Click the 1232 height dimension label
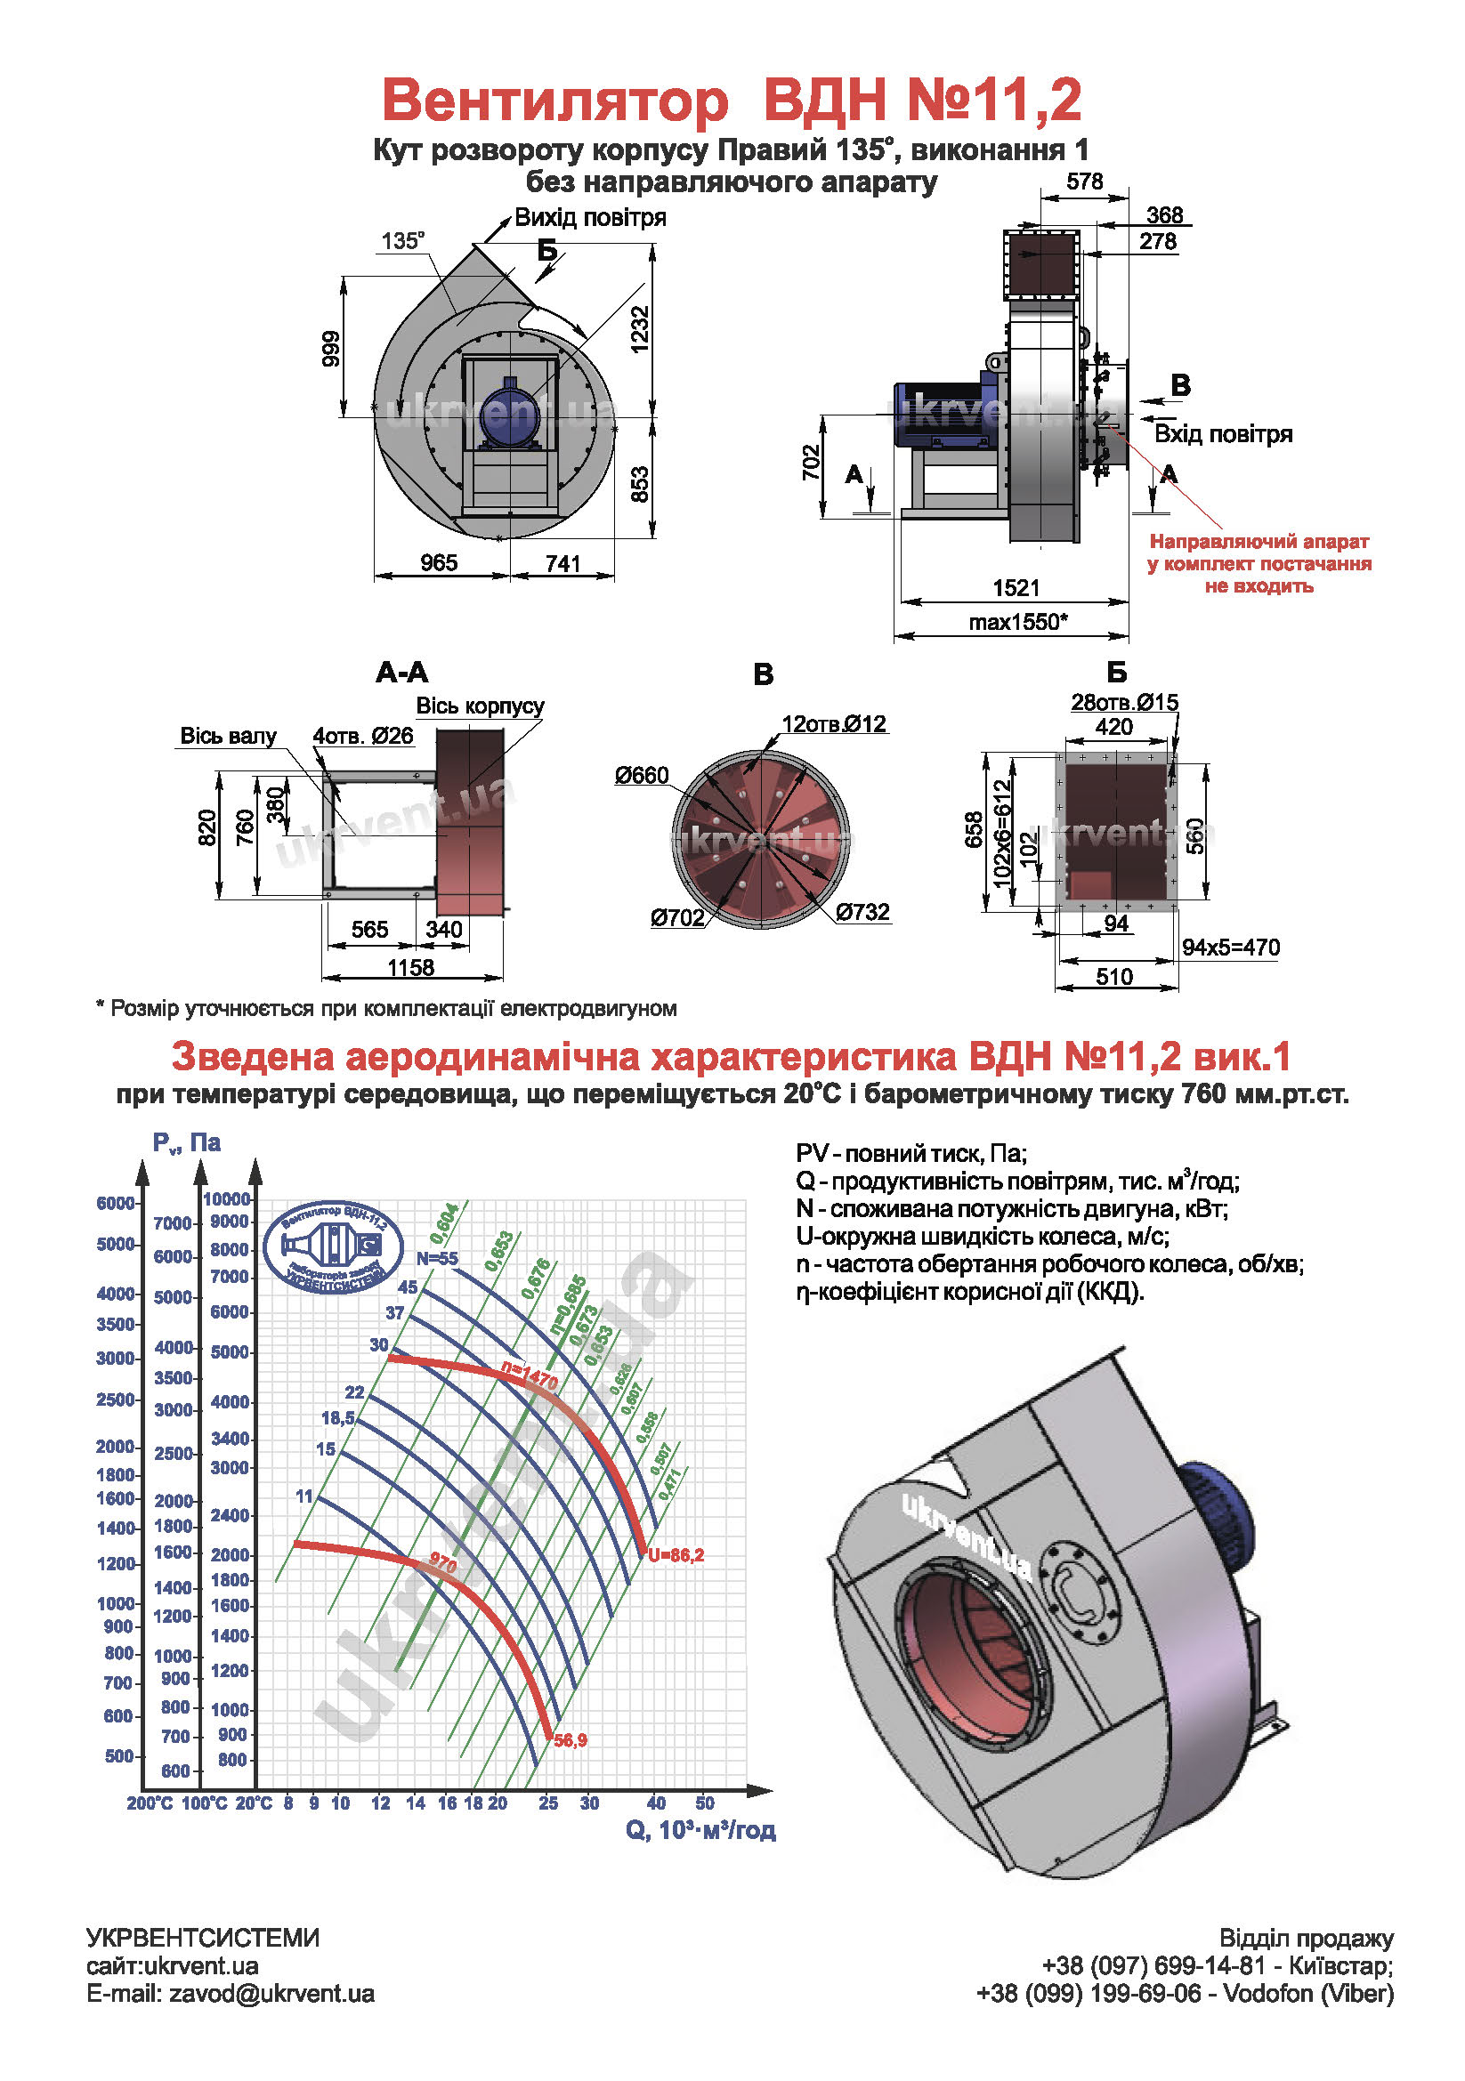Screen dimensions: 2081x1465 point(639,329)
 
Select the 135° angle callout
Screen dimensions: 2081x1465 point(402,241)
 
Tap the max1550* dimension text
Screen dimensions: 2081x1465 point(1017,622)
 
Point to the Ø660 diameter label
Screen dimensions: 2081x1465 point(641,775)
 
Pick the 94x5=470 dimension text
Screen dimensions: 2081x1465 point(1230,948)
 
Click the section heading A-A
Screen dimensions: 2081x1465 point(401,673)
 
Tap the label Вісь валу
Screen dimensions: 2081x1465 point(228,736)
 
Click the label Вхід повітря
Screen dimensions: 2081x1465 point(1223,434)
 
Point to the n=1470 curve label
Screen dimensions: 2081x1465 point(530,1376)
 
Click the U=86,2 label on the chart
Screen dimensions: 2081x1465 point(676,1555)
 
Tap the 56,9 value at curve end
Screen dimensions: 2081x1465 point(571,1740)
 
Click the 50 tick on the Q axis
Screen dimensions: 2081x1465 point(704,1803)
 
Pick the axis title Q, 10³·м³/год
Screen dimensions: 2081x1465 point(700,1830)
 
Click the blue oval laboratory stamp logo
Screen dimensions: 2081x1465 point(335,1246)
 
